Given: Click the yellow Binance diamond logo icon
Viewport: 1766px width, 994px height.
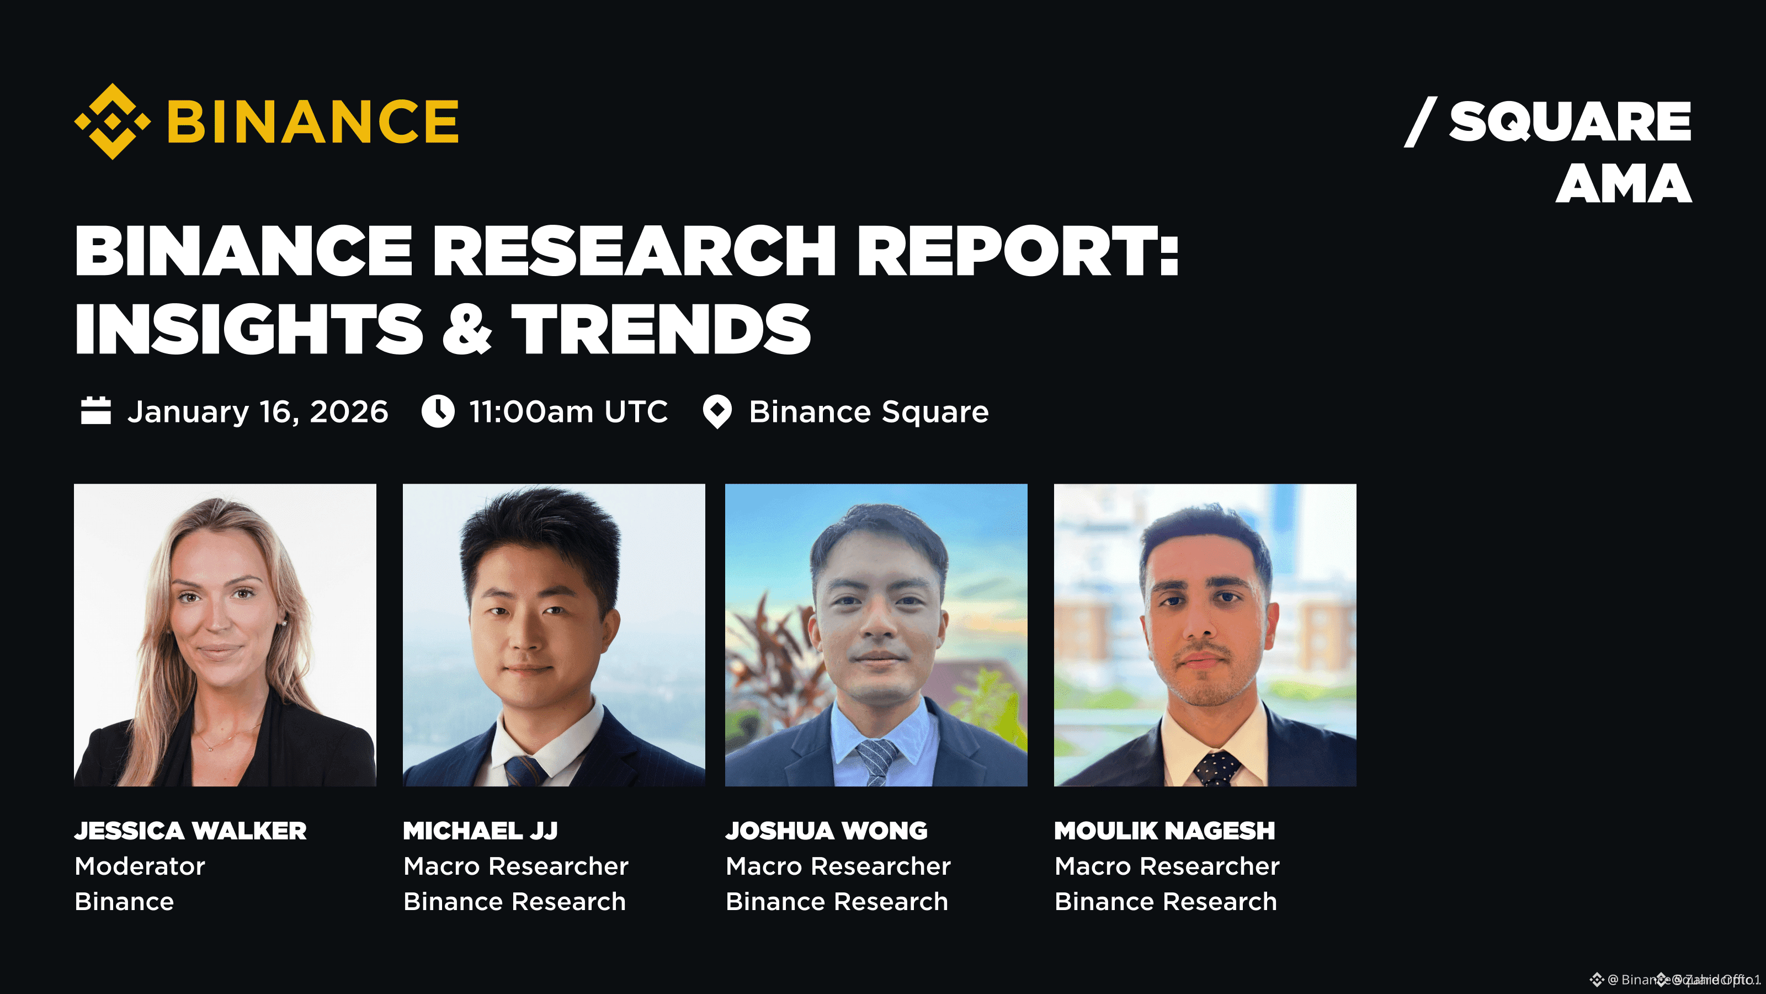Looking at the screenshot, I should click(113, 121).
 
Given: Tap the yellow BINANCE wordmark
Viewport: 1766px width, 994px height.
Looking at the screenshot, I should click(312, 121).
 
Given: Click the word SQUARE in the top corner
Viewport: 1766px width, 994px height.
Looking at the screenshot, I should click(1570, 121).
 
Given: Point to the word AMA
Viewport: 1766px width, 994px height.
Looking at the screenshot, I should click(1624, 184).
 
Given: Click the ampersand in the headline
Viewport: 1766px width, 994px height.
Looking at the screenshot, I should click(467, 329).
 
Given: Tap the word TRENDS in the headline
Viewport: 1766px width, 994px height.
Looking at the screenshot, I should click(661, 329).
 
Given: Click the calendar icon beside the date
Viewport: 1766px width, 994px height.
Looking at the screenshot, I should click(96, 411).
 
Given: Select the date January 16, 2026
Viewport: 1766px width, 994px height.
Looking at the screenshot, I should click(258, 411).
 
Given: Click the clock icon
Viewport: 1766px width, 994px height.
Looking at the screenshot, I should click(438, 411).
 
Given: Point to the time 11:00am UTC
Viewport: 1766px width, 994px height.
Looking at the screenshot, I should click(568, 411).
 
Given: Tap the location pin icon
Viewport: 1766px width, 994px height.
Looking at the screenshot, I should click(717, 411).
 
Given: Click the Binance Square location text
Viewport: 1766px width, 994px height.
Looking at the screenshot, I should click(869, 411).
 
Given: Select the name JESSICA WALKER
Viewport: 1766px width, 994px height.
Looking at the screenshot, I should click(190, 831).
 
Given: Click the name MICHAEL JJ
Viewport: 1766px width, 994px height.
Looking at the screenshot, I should click(481, 831).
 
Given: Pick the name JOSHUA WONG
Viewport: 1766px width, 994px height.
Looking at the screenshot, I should click(827, 831).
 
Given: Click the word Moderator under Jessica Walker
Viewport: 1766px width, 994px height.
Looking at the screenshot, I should click(140, 866).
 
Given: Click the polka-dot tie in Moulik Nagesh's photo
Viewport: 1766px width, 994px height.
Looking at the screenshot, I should click(1217, 768).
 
